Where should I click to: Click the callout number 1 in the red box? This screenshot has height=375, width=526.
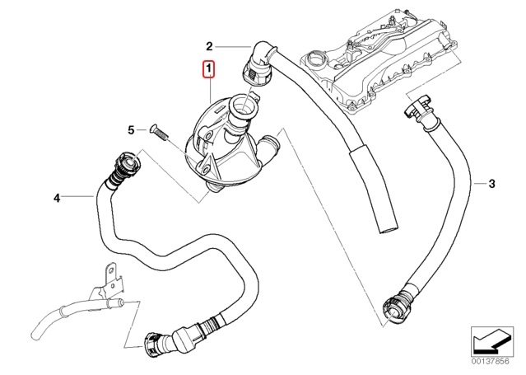210,69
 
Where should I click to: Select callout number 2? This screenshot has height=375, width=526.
209,45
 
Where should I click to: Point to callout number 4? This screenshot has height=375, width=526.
57,198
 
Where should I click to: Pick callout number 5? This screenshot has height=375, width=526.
130,129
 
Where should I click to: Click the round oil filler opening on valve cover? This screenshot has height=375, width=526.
316,59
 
